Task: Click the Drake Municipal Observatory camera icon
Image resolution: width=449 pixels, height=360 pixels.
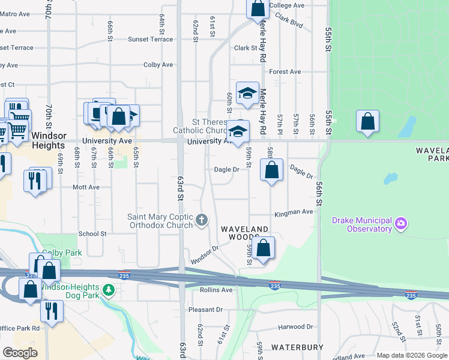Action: pos(401,225)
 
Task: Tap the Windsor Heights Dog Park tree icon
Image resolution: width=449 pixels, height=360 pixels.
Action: pos(108,290)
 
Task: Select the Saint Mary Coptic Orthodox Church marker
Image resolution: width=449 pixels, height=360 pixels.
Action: pos(202,220)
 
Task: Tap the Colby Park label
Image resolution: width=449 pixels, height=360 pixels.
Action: pos(65,253)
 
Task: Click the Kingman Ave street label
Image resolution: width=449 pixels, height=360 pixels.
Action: pos(294,212)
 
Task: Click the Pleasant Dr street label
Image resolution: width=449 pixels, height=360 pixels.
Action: pos(205,310)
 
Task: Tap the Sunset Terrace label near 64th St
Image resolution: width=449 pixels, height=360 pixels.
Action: pos(150,39)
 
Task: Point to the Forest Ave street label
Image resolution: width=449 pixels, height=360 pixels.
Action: pos(285,71)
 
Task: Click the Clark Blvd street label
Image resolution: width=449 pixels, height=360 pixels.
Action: pos(290,25)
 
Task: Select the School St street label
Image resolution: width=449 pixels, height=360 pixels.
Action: pos(92,233)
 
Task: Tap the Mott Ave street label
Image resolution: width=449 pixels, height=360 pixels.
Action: pos(86,187)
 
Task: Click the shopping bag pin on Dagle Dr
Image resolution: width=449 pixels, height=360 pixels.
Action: pos(271,170)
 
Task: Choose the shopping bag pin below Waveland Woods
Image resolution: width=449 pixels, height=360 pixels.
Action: pos(263,248)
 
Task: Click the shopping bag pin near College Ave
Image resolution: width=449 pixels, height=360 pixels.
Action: pos(258,8)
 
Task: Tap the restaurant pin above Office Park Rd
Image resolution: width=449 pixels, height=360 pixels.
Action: pos(52,311)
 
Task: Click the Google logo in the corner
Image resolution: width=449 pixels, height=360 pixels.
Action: pos(19,353)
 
